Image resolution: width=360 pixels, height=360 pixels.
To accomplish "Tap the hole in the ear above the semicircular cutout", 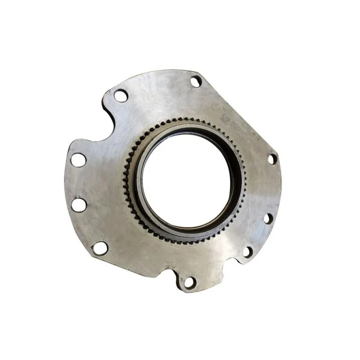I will tap(120, 95).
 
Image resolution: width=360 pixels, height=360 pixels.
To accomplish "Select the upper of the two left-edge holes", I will tap(79, 160).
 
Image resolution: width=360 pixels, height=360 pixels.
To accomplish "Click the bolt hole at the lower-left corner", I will tap(100, 247).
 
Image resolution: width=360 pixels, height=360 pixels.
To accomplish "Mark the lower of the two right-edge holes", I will tap(267, 219).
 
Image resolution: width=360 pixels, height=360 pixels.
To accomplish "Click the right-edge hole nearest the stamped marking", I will tap(272, 159).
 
